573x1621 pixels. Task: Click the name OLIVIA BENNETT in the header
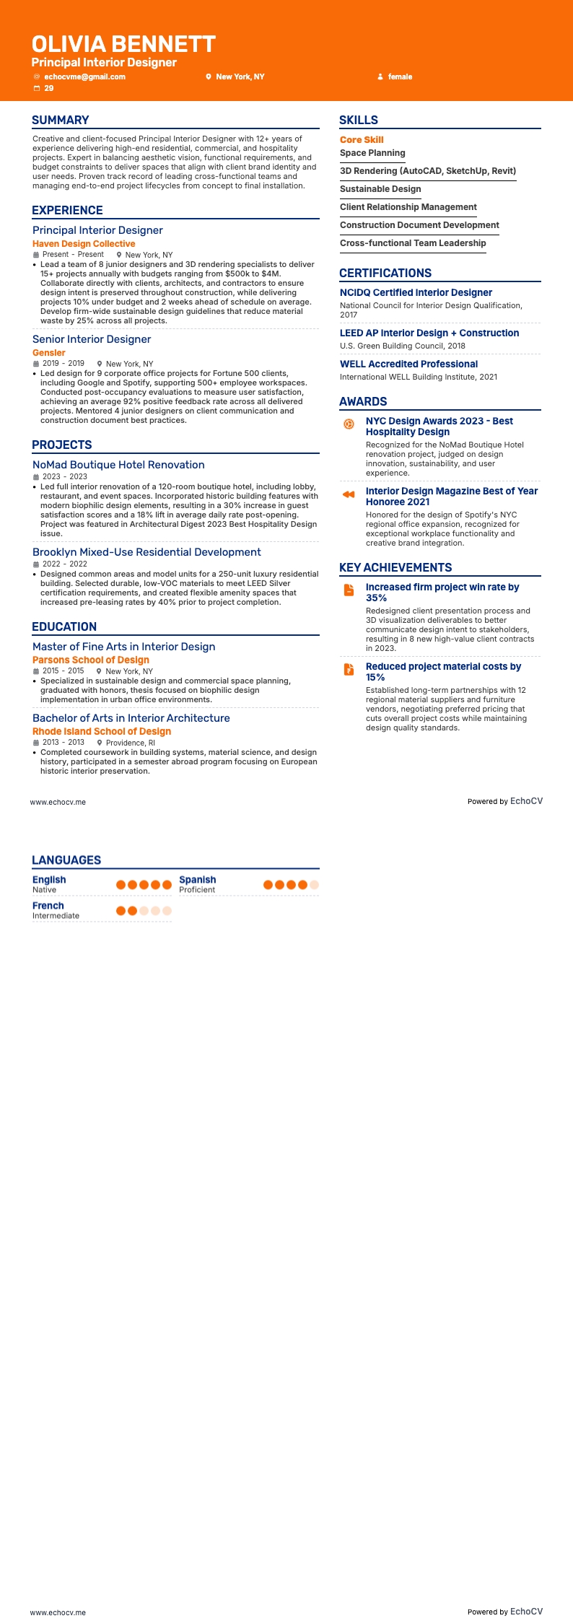(123, 44)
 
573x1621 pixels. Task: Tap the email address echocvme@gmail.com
(84, 77)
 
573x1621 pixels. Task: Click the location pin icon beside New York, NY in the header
(209, 77)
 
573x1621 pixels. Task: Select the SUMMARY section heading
(61, 121)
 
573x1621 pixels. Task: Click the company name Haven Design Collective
(84, 244)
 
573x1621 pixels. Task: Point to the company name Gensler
(49, 353)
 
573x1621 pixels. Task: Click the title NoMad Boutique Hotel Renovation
(118, 465)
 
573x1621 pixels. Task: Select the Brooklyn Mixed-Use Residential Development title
(146, 552)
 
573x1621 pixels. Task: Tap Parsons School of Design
(91, 660)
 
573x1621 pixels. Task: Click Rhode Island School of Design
(102, 731)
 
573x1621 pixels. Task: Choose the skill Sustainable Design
(380, 189)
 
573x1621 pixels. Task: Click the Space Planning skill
(372, 153)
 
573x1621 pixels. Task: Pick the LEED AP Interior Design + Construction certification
(429, 333)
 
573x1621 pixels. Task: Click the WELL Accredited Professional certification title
(408, 364)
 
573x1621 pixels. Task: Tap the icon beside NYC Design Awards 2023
(349, 424)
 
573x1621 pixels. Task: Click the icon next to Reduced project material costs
(349, 669)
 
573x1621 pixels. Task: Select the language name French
(48, 906)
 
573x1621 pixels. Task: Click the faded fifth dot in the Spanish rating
(314, 885)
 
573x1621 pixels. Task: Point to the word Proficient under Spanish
(197, 890)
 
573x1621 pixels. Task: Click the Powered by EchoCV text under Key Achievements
(504, 801)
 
